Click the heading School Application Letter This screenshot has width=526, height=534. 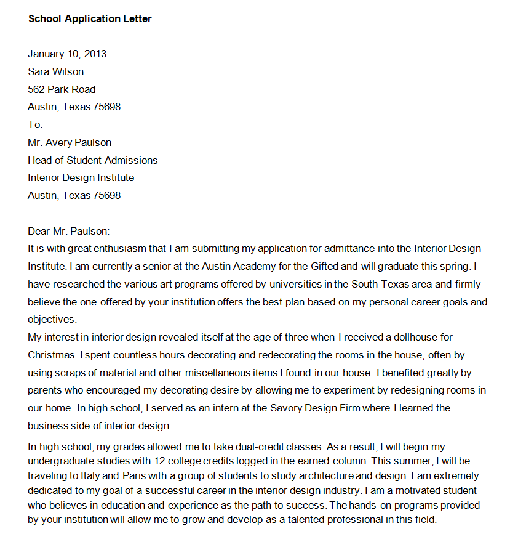(90, 18)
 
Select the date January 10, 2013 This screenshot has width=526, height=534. (67, 54)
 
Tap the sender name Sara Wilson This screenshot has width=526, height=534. (56, 71)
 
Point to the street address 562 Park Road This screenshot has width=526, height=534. (62, 89)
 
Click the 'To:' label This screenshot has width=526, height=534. (35, 124)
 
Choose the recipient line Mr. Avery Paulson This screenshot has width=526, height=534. (70, 142)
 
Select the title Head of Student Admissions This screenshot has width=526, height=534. (92, 160)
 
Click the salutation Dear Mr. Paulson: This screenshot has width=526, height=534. (68, 231)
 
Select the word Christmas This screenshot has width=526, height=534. (52, 355)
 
